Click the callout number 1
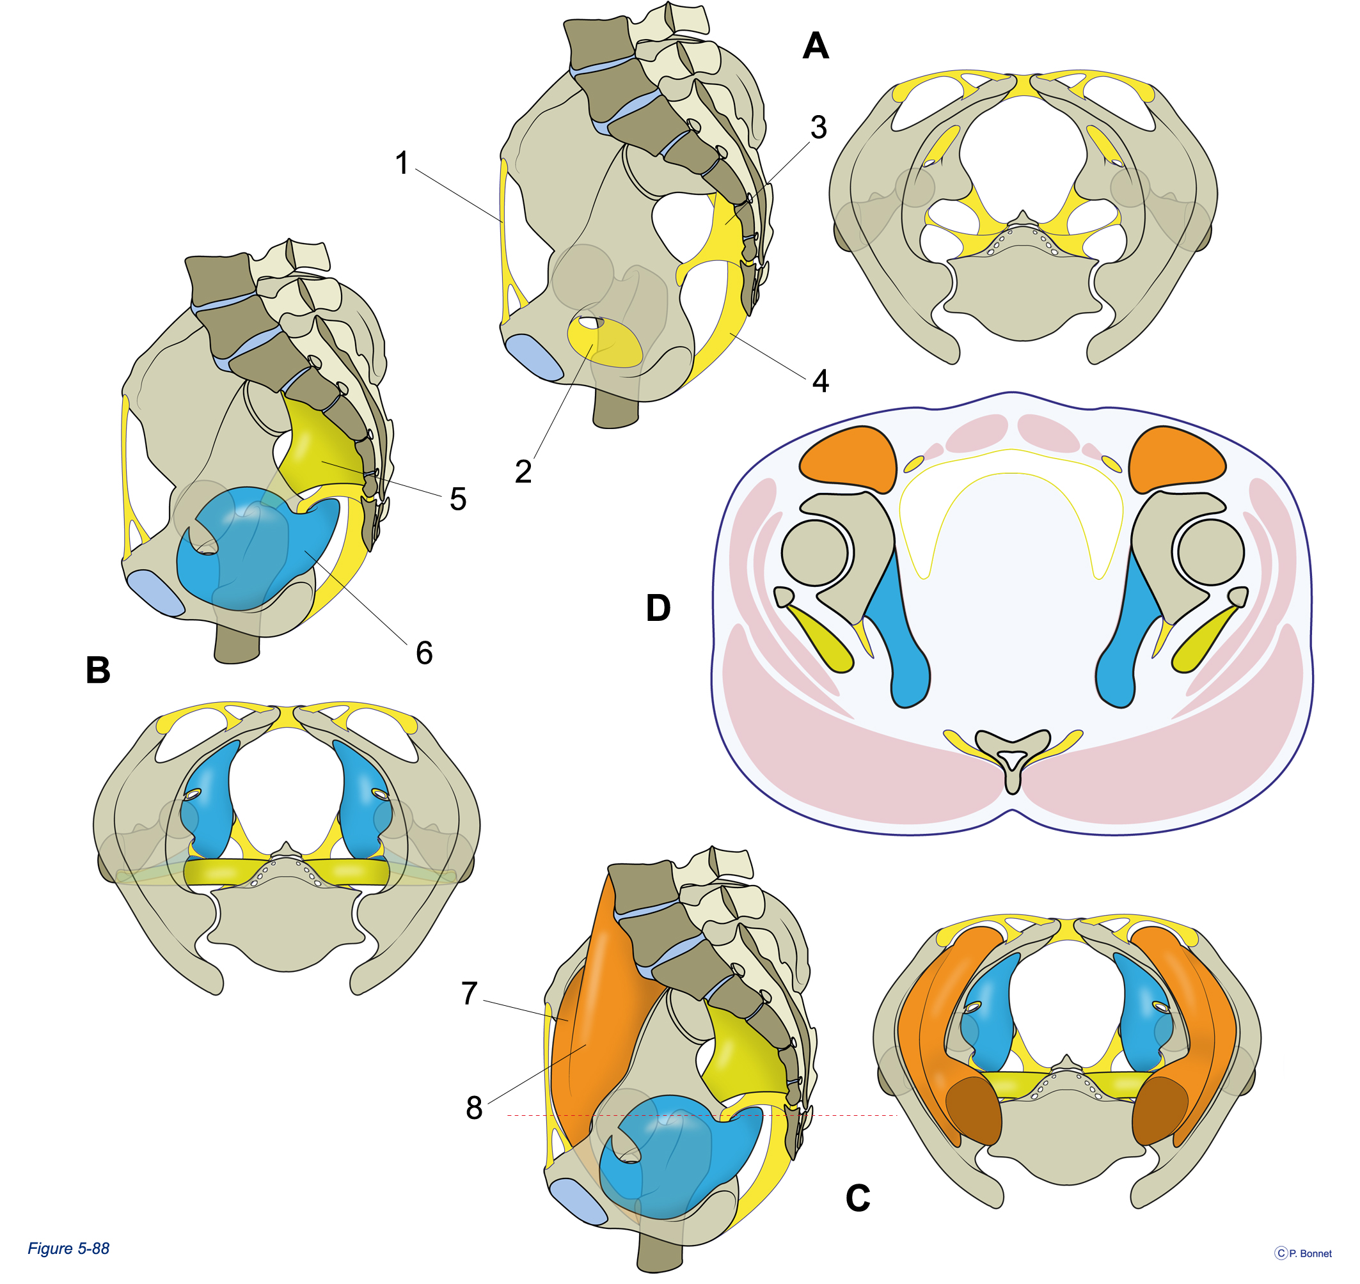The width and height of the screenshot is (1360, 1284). point(402,163)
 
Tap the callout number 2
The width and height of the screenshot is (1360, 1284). point(523,471)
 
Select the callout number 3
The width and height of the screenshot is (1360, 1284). point(818,127)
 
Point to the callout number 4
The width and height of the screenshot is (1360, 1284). point(820,380)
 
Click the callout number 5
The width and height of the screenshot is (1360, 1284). point(458,499)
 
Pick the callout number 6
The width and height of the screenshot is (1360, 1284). point(425,653)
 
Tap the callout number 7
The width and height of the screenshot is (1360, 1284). point(469,993)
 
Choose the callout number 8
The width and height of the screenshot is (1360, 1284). point(474,1108)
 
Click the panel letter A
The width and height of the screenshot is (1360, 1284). point(816,46)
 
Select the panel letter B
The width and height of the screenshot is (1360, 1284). point(98,670)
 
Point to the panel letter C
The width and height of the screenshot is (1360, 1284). point(857,1198)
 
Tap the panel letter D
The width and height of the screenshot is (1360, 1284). point(658,607)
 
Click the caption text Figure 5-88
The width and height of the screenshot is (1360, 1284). point(68,1248)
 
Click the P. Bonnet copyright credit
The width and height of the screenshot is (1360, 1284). point(1303,1253)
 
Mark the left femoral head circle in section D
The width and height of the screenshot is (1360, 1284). point(815,552)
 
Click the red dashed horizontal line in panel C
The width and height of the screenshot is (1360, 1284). point(702,1116)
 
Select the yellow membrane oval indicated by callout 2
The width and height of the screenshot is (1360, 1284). point(605,342)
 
